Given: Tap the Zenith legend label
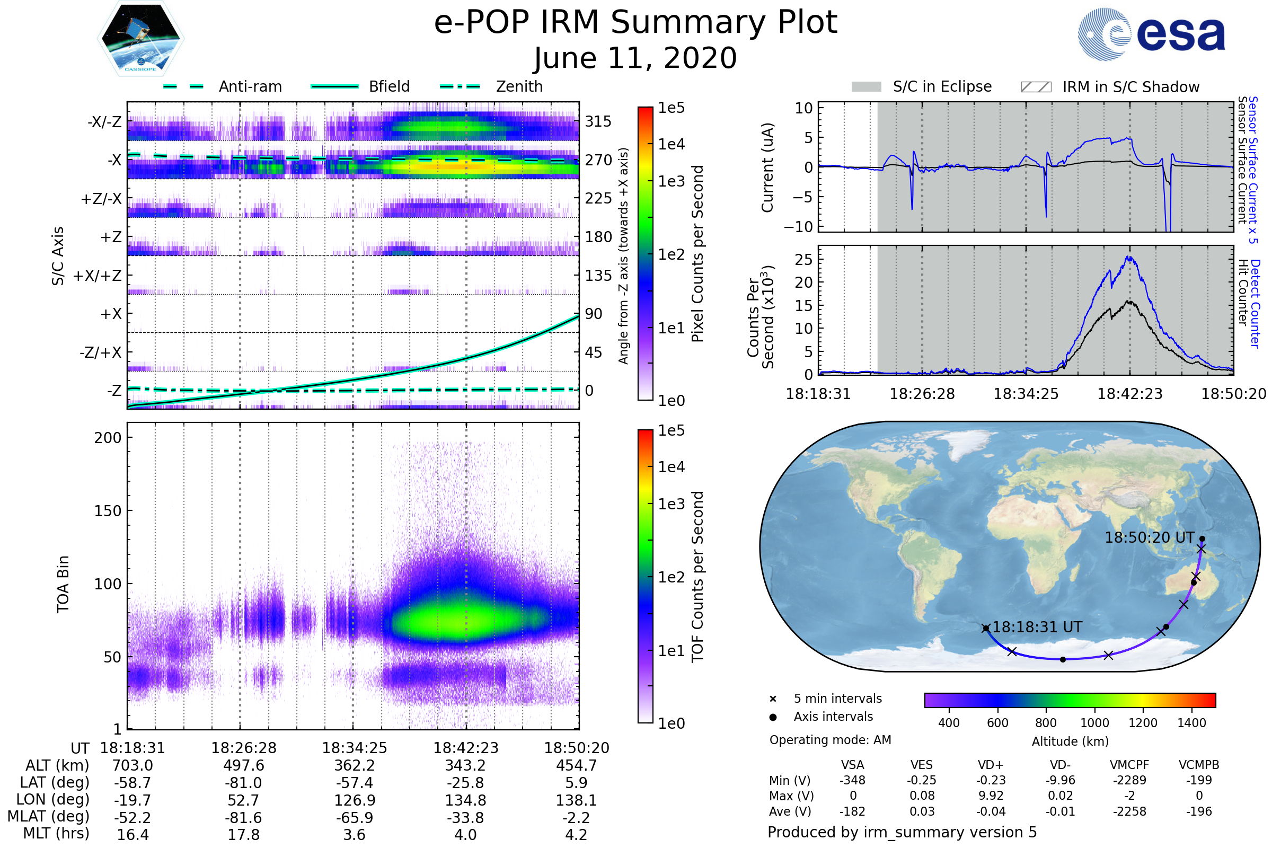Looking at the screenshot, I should (519, 86).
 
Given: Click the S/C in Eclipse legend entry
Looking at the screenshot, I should (922, 87).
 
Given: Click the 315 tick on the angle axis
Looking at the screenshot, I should (598, 121).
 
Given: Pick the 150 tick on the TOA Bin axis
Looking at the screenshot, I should (108, 511).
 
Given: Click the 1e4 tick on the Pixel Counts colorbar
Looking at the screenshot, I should (671, 144).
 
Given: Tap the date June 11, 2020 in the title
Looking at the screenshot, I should (635, 58).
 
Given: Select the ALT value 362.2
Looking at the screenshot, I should (354, 766).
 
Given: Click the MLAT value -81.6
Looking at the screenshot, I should (243, 818).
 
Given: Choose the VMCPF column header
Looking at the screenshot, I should (1129, 765).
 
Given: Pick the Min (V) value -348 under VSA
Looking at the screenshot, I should (852, 780).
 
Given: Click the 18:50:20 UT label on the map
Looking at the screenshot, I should (1149, 537).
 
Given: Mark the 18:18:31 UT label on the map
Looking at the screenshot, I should (1037, 628).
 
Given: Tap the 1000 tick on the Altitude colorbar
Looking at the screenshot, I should (1094, 723).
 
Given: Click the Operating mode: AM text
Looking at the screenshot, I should (830, 740).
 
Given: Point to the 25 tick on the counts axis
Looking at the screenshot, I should (803, 260).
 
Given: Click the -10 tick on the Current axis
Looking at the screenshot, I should (798, 227).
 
